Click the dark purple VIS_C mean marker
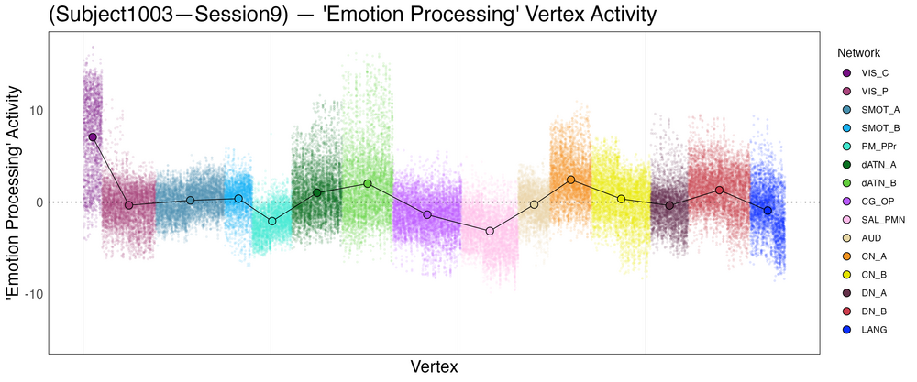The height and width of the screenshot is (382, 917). pos(93,136)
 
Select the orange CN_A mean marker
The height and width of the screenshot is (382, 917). pos(571,180)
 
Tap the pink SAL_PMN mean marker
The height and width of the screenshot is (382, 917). pos(490,231)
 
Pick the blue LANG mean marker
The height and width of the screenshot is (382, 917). pos(768,211)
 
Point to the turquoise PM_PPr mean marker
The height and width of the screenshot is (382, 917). pos(271,221)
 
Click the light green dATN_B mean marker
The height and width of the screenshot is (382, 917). pos(368,183)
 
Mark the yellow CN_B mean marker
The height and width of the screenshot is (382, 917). pos(621,199)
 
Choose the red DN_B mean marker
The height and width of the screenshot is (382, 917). pos(720,191)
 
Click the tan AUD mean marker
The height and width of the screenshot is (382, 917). pos(535,204)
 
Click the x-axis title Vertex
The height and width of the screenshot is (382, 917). pos(434,366)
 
